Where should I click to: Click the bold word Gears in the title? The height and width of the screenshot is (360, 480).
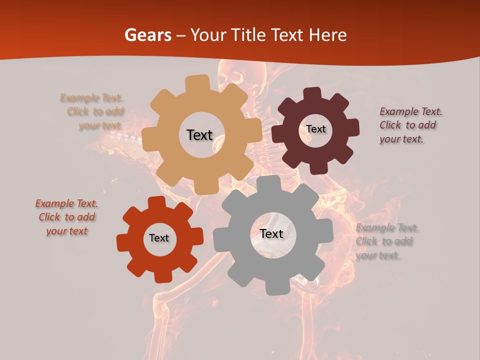[x=148, y=35]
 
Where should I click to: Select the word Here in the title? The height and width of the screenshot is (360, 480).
[x=327, y=35]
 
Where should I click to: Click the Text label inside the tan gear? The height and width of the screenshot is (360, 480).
[x=199, y=135]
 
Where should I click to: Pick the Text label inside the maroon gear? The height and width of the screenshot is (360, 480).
[x=315, y=129]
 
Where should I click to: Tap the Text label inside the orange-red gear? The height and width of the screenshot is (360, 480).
[x=159, y=238]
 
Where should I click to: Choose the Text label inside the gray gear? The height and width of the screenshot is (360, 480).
[x=271, y=233]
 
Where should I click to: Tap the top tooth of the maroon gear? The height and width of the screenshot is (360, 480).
[x=312, y=93]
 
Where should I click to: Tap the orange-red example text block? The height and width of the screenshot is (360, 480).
[x=66, y=217]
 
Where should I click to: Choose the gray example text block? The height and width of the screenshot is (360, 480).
[x=386, y=241]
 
